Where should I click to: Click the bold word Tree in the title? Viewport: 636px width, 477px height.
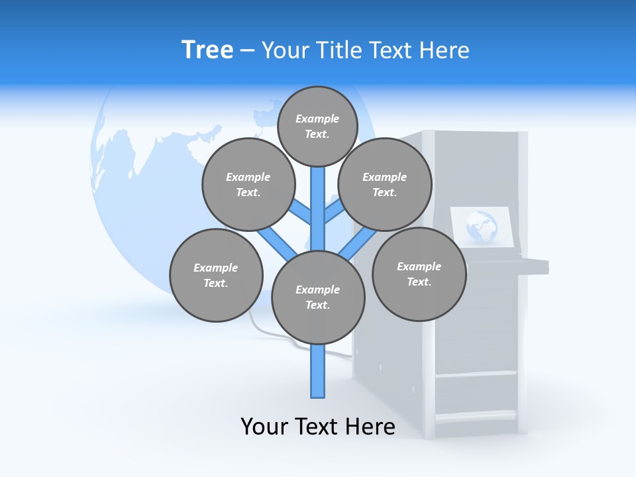207,50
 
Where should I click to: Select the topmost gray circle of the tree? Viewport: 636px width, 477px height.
317,126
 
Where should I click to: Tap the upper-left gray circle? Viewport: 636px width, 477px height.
248,185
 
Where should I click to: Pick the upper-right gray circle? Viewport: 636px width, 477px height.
385,185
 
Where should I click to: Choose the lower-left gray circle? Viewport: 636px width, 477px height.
216,276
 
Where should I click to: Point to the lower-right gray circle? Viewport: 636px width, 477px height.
419,274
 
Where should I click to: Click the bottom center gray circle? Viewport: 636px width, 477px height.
318,297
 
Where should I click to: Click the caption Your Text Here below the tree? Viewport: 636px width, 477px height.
318,427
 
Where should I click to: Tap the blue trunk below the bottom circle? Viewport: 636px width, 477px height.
318,371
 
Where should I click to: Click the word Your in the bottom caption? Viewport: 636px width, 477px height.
264,427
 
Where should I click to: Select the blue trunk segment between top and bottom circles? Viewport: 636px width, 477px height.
318,209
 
